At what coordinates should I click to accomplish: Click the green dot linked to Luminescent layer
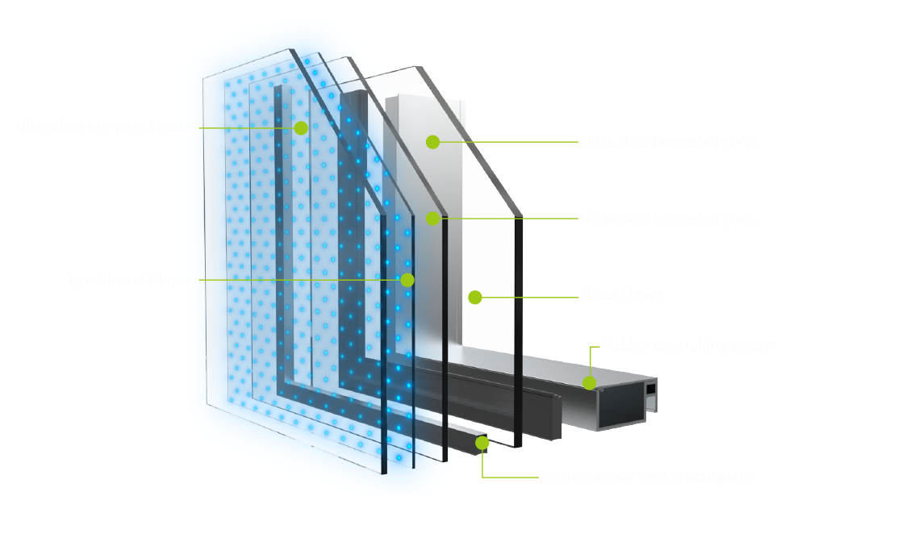pyautogui.click(x=407, y=280)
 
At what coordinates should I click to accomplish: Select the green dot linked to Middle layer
pyautogui.click(x=475, y=298)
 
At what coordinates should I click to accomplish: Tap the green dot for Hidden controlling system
pyautogui.click(x=590, y=382)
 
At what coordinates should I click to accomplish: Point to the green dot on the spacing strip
pyautogui.click(x=482, y=442)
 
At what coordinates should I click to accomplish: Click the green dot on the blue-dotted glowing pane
pyautogui.click(x=301, y=127)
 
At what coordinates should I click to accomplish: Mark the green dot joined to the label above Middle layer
pyautogui.click(x=433, y=218)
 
